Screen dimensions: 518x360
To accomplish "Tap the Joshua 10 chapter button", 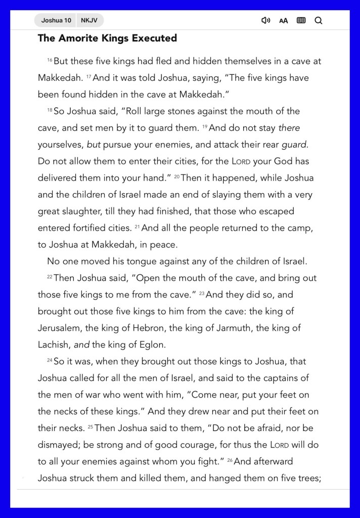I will point(56,21).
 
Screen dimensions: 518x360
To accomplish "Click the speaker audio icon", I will point(265,21).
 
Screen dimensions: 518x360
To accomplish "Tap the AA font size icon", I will point(284,21).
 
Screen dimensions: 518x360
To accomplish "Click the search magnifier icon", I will point(318,21).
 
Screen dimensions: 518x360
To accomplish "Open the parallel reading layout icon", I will point(301,21).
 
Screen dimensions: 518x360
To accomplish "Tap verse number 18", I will point(50,111).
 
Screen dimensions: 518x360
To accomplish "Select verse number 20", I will point(176,178).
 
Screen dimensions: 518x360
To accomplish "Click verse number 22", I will point(50,277).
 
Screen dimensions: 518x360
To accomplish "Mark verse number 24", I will point(50,361).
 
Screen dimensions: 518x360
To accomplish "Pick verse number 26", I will point(230,461).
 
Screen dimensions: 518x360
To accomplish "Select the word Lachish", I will point(54,344).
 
